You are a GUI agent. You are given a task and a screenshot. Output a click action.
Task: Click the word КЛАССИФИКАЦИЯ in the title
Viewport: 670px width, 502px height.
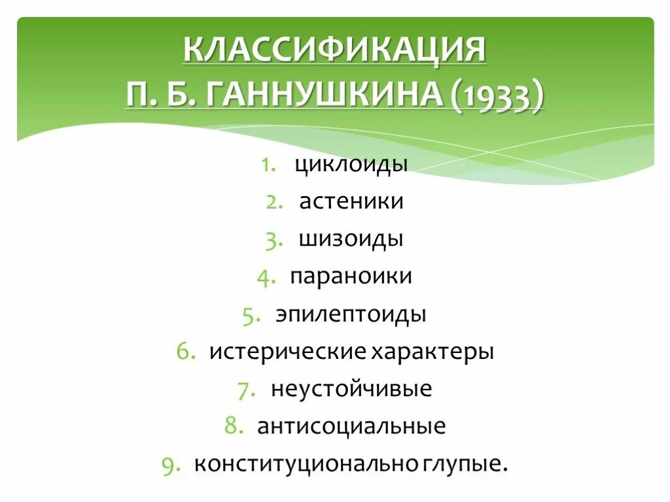[x=334, y=50]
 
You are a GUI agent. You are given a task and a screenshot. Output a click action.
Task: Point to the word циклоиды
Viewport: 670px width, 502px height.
[x=351, y=164]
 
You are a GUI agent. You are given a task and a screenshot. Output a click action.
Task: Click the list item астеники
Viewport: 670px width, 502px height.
[x=351, y=201]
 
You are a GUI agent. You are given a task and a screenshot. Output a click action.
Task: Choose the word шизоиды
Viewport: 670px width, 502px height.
[x=351, y=239]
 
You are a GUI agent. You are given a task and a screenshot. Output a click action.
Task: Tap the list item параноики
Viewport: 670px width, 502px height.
[x=351, y=276]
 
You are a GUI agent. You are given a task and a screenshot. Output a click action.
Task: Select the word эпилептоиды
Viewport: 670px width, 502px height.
[x=351, y=314]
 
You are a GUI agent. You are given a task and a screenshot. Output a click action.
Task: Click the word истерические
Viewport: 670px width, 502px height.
[x=287, y=352]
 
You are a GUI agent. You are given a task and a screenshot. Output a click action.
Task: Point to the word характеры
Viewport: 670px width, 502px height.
[x=432, y=352]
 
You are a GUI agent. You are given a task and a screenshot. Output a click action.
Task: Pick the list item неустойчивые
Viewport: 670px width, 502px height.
[x=351, y=390]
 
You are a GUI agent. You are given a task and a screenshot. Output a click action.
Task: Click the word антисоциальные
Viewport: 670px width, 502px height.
[x=351, y=427]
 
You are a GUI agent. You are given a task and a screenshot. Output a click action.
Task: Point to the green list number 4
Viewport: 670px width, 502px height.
[x=264, y=277]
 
